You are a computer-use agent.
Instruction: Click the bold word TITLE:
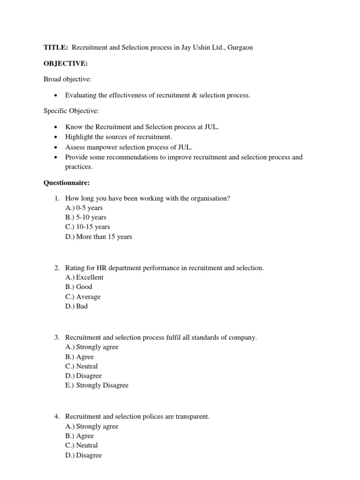coord(55,48)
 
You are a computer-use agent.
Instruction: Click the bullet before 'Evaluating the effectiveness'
coord(56,96)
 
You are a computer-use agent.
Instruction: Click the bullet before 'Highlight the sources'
coord(56,137)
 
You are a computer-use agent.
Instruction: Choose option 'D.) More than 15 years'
coord(99,237)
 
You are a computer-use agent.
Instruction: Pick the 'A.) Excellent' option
coord(84,277)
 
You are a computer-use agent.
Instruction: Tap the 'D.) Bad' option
coord(76,306)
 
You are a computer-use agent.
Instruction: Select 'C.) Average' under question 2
coord(83,297)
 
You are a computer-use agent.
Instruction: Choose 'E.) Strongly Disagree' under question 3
coord(97,385)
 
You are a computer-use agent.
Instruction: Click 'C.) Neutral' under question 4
coord(82,445)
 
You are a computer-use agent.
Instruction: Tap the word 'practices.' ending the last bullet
coord(79,166)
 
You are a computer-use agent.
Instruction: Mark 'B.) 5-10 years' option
coord(86,217)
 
